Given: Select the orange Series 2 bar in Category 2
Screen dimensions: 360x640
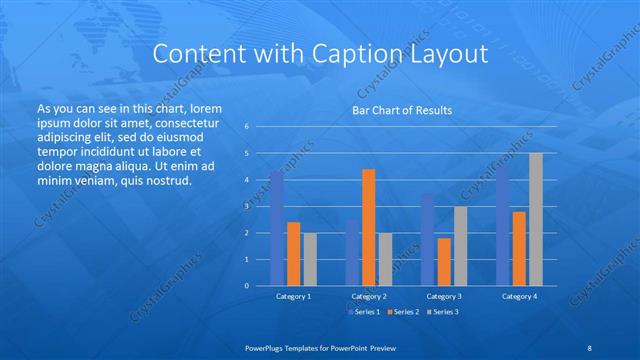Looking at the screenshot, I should pos(368,227).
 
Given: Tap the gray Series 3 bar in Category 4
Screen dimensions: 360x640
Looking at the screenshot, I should pos(535,219).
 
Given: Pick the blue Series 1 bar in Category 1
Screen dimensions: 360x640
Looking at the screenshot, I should pos(277,228).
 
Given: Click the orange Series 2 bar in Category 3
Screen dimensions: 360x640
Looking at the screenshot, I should pos(444,261).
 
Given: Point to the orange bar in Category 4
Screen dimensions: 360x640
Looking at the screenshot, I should pos(519,248).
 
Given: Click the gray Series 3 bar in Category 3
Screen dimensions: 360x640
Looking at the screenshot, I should pos(460,246).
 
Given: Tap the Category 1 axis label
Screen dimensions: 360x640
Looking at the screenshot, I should pos(293,296).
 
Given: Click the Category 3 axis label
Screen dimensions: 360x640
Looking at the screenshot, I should pos(444,296).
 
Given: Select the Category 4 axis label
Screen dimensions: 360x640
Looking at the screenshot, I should pos(519,296).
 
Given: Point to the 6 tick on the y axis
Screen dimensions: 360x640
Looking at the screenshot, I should pos(246,127).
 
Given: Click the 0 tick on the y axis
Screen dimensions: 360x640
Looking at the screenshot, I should pos(246,286).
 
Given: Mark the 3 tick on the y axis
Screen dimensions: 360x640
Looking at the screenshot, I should pos(246,206).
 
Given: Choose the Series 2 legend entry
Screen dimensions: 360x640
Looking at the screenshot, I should pos(403,313).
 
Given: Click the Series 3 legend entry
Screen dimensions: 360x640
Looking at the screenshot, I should pos(442,313).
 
